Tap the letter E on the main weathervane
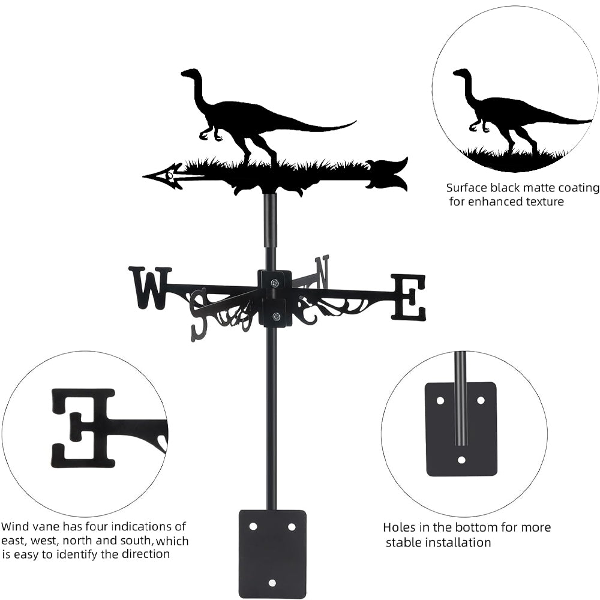(409, 297)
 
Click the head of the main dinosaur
(190, 74)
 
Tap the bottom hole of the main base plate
(272, 583)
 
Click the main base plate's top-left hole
(253, 526)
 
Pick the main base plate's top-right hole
(292, 526)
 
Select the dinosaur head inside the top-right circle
(461, 74)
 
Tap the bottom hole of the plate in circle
(461, 460)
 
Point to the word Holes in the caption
(399, 528)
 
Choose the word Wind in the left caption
(15, 527)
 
